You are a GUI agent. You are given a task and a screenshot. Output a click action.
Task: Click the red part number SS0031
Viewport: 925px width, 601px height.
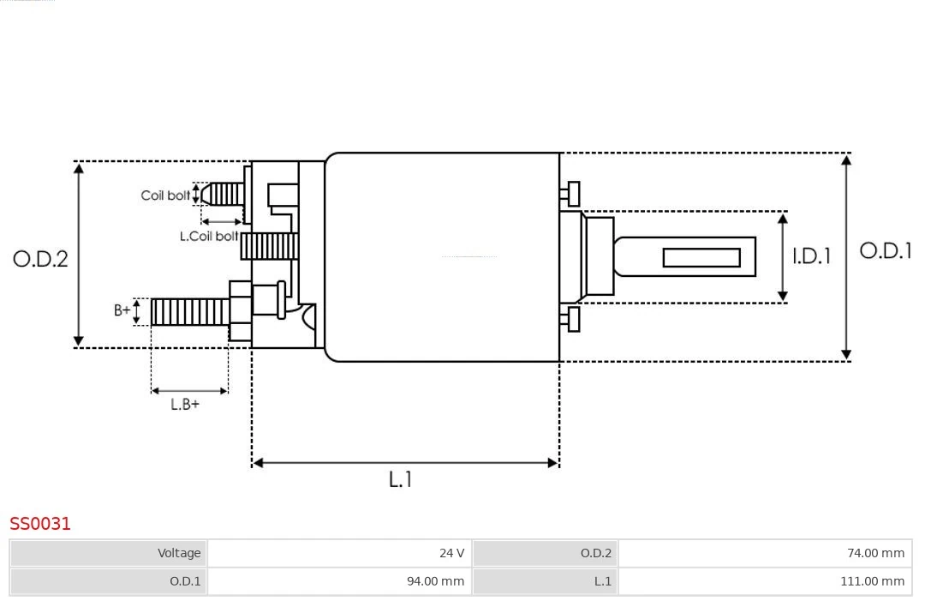pos(40,523)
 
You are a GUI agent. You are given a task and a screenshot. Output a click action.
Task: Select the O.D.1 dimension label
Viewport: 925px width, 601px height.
pos(885,250)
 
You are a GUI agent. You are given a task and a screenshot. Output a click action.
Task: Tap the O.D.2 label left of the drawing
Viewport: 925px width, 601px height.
pos(40,258)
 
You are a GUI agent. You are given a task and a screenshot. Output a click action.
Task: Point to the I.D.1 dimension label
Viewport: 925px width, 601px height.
pos(810,255)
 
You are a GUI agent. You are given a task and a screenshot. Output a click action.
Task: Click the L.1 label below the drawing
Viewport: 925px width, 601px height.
pos(400,479)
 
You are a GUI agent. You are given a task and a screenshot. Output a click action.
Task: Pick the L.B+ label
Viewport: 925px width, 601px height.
pos(184,404)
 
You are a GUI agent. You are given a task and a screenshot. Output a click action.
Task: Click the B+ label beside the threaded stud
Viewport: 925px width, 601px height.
pos(122,310)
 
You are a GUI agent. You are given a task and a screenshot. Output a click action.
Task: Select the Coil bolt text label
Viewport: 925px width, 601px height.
pos(165,195)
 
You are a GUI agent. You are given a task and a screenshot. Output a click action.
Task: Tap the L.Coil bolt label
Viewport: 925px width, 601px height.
pos(209,236)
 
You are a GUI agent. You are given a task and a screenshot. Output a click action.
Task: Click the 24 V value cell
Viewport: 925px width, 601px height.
pos(339,553)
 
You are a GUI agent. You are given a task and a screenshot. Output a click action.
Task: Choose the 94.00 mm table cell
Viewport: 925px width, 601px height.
pos(339,581)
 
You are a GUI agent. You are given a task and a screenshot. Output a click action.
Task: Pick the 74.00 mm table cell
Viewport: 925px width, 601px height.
pos(765,553)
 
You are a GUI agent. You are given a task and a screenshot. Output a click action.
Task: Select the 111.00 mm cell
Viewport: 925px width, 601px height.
pos(765,581)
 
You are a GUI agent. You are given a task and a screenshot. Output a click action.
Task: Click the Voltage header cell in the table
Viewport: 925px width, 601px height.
pos(109,553)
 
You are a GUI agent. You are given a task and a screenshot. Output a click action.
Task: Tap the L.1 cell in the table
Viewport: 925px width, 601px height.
pos(545,581)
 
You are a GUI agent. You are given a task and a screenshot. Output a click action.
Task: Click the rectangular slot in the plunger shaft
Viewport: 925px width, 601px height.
pos(701,257)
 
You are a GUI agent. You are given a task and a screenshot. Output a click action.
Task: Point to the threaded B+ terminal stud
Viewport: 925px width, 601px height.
pos(189,312)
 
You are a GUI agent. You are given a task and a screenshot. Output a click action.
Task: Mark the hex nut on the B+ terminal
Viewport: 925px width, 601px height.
pos(240,311)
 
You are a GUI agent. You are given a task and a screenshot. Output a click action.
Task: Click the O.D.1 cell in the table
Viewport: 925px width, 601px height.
pos(109,581)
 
